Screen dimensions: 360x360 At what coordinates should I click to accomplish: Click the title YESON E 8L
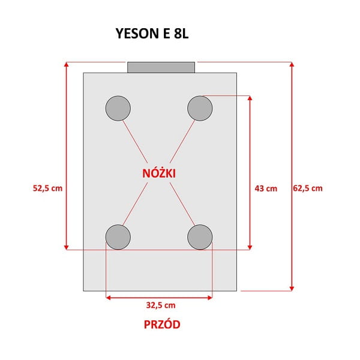click(x=152, y=34)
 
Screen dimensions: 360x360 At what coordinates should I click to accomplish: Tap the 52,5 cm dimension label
click(x=47, y=188)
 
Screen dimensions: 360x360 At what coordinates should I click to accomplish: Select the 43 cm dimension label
click(x=266, y=189)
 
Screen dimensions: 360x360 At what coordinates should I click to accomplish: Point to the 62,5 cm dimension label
click(x=308, y=188)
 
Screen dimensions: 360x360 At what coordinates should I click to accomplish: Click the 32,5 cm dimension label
click(x=161, y=305)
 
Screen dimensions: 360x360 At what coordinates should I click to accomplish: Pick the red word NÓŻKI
click(x=159, y=173)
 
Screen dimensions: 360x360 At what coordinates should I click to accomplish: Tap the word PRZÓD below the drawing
click(x=162, y=325)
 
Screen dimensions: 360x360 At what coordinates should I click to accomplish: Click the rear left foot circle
click(x=118, y=109)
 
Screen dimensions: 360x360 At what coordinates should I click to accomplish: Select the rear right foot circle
click(x=200, y=109)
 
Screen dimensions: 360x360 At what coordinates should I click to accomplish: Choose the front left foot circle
click(x=118, y=237)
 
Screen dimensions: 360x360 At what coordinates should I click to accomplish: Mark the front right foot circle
click(x=200, y=237)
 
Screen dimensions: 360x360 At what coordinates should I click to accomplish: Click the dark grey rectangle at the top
click(x=161, y=67)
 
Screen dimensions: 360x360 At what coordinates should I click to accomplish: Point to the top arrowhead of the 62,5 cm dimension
click(x=292, y=64)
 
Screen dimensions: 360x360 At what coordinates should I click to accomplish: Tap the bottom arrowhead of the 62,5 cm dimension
click(x=292, y=289)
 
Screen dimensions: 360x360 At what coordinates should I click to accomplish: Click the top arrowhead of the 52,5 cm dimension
click(x=67, y=64)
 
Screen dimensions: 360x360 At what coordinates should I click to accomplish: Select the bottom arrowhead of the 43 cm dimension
click(x=250, y=247)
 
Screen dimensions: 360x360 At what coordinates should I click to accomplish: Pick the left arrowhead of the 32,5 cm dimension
click(x=109, y=298)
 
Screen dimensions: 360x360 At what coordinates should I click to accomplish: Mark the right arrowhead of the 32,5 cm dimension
click(x=210, y=298)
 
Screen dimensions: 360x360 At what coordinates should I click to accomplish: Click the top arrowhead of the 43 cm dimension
click(x=250, y=98)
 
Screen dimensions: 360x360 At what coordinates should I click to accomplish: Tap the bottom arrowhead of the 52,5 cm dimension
click(x=67, y=247)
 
